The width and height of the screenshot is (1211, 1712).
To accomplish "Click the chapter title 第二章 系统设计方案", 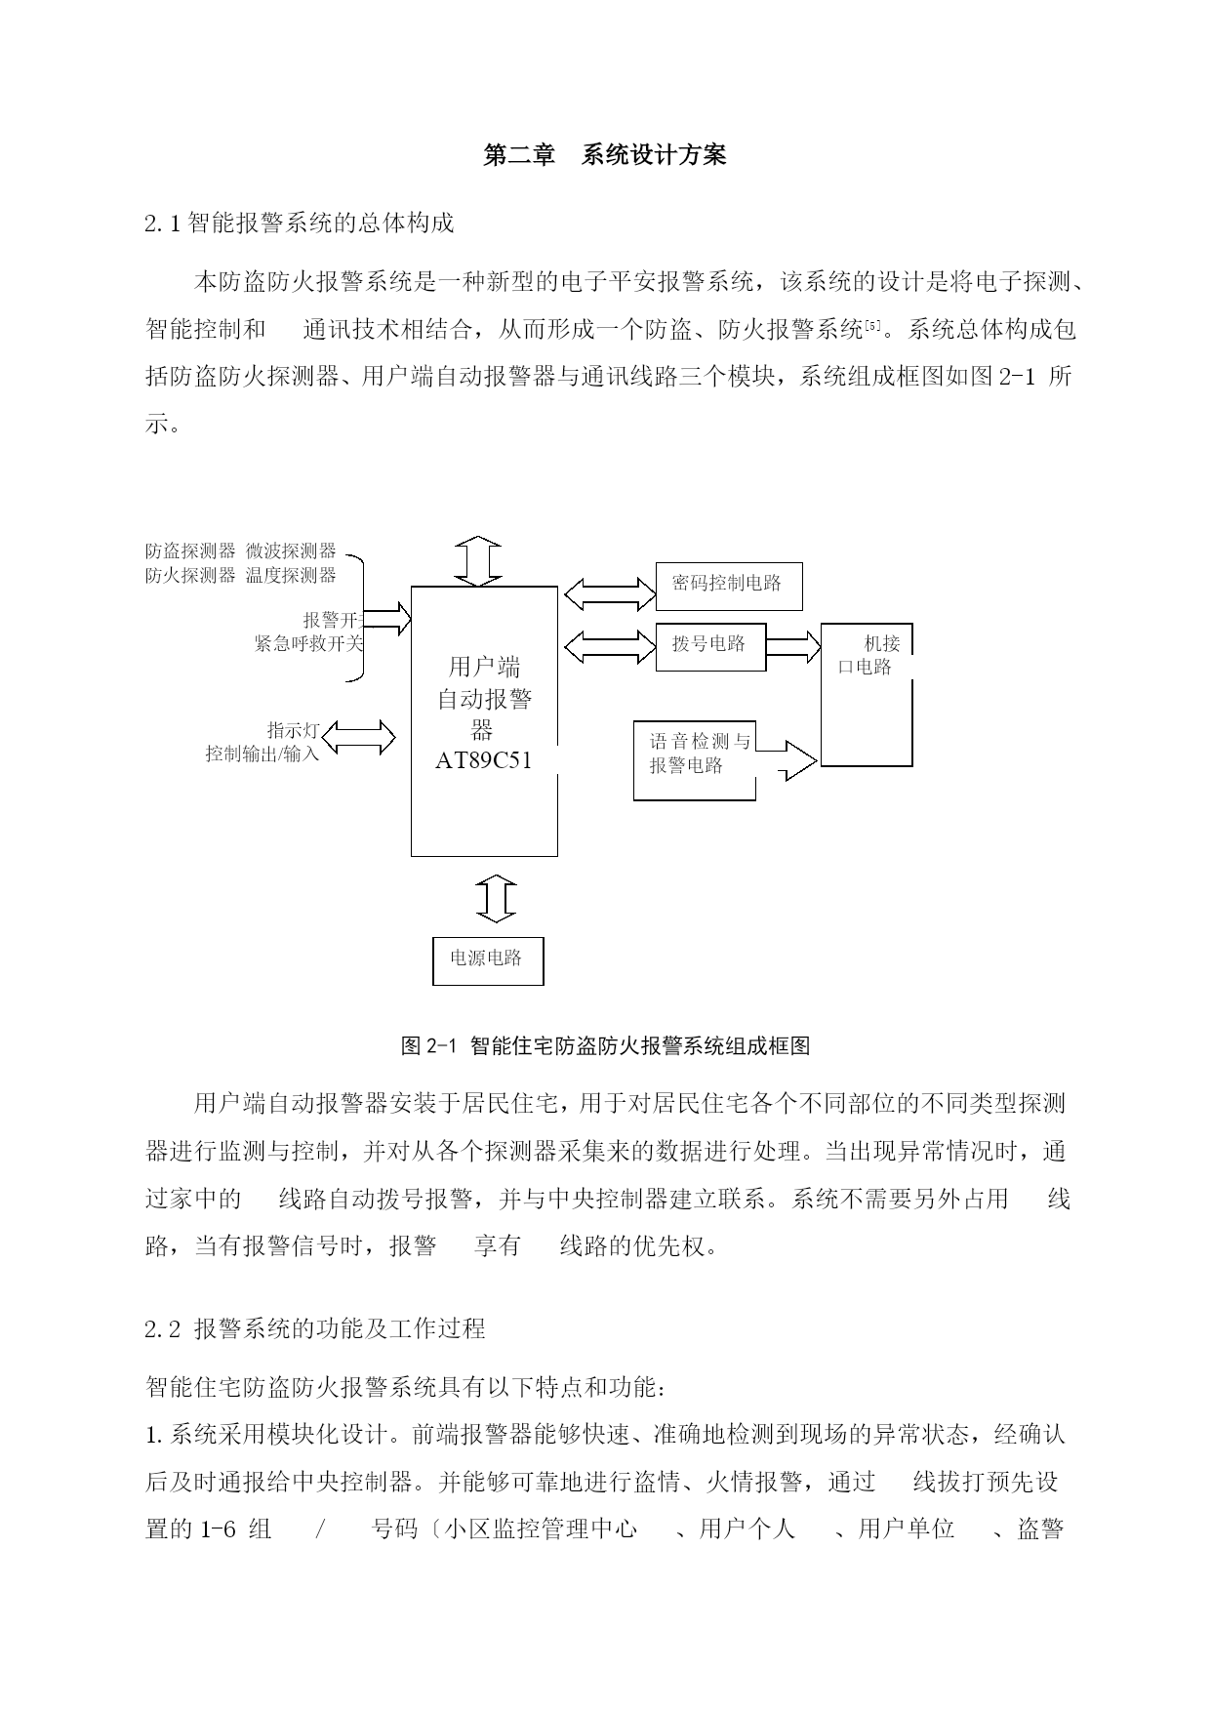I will point(605,155).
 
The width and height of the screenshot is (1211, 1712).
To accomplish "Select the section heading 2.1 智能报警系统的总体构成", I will point(300,224).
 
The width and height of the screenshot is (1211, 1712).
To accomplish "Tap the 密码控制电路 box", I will point(728,585).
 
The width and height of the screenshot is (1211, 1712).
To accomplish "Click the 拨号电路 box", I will point(709,645).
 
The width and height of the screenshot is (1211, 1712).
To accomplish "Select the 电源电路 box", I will point(487,960).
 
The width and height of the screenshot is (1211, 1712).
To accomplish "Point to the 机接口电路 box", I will point(867,693).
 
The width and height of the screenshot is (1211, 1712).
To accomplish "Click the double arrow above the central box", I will point(479,561).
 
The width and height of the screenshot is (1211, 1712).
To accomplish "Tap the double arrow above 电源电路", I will point(496,899).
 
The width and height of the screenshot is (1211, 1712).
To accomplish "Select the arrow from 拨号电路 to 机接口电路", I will point(793,645).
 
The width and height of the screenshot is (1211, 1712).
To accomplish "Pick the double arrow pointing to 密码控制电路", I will point(610,592).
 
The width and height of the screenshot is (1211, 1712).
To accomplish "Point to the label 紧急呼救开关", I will point(308,643).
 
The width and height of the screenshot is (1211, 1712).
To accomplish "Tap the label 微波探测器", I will point(291,551).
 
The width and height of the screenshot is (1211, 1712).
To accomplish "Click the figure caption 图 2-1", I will point(605,1046).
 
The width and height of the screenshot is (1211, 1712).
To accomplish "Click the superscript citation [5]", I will point(872,325).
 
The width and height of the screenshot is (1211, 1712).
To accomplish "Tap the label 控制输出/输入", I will point(262,754).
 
